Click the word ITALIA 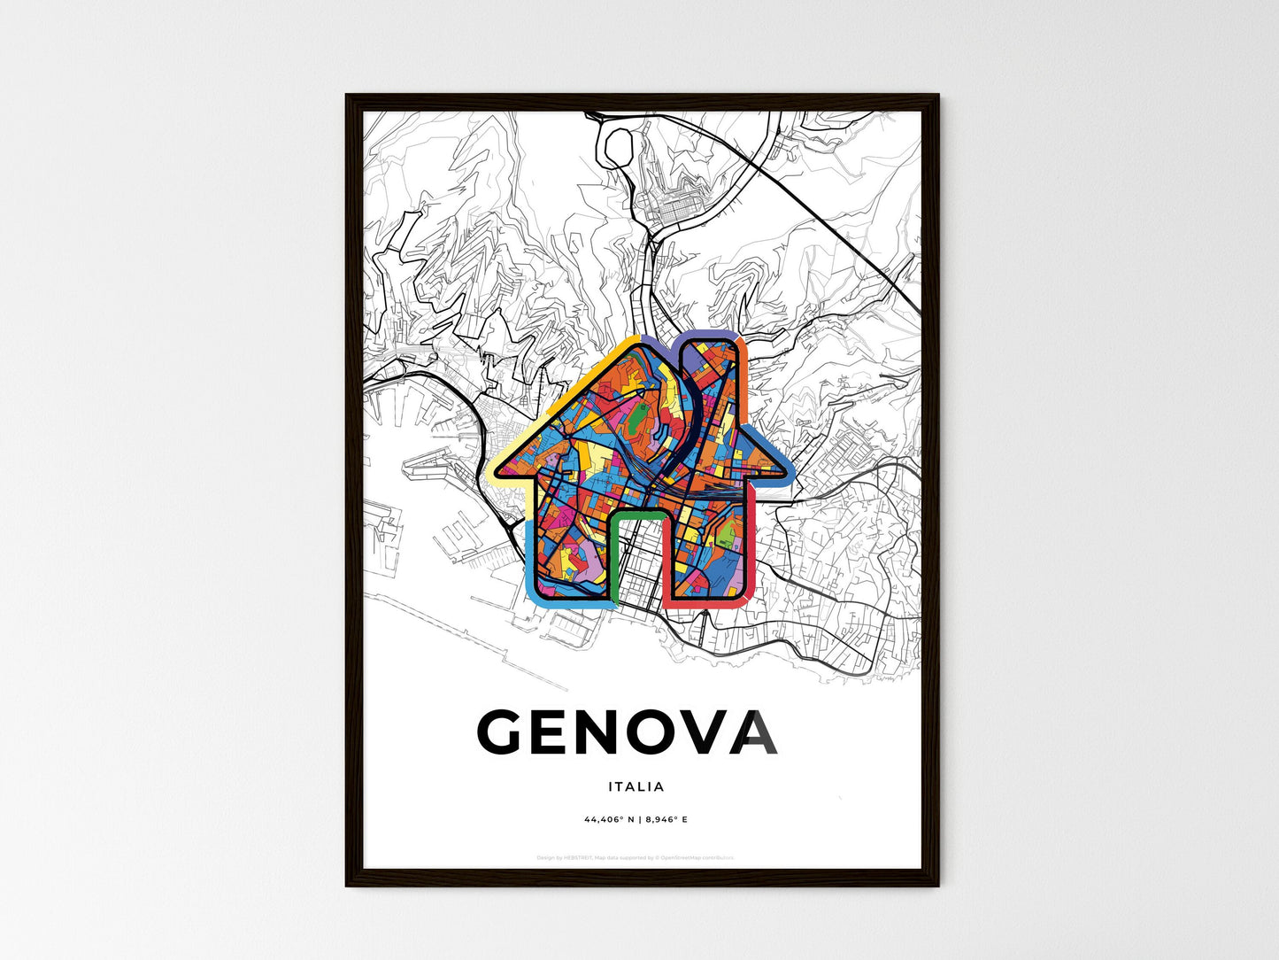pos(636,786)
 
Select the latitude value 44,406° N pos(610,819)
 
